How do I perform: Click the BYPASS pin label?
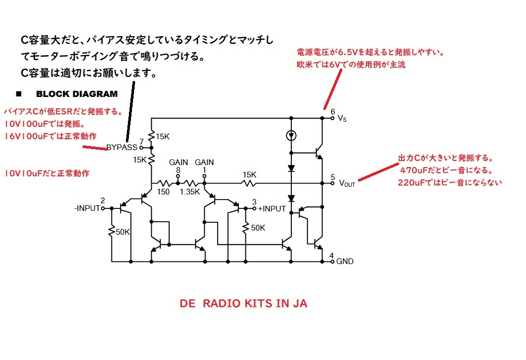pyautogui.click(x=122, y=148)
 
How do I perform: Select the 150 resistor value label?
pyautogui.click(x=163, y=192)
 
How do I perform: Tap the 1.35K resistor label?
pyautogui.click(x=190, y=192)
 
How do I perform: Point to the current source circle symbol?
pyautogui.click(x=291, y=136)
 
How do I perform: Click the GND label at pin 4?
pyautogui.click(x=345, y=261)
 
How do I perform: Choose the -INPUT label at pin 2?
pyautogui.click(x=87, y=208)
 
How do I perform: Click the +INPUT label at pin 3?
pyautogui.click(x=272, y=209)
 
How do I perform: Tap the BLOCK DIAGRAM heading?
pyautogui.click(x=77, y=94)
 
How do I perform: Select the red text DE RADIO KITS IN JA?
pyautogui.click(x=243, y=303)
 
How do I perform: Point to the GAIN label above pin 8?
pyautogui.click(x=178, y=162)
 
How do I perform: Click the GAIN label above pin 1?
pyautogui.click(x=204, y=162)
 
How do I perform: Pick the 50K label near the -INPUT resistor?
pyautogui.click(x=123, y=232)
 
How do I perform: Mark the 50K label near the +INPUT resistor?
pyautogui.click(x=258, y=228)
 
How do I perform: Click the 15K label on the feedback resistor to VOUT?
pyautogui.click(x=250, y=175)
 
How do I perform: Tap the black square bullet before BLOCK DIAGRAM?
pyautogui.click(x=19, y=94)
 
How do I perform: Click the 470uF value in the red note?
pyautogui.click(x=413, y=170)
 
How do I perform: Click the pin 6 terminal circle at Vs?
pyautogui.click(x=333, y=118)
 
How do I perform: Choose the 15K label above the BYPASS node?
pyautogui.click(x=162, y=137)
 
